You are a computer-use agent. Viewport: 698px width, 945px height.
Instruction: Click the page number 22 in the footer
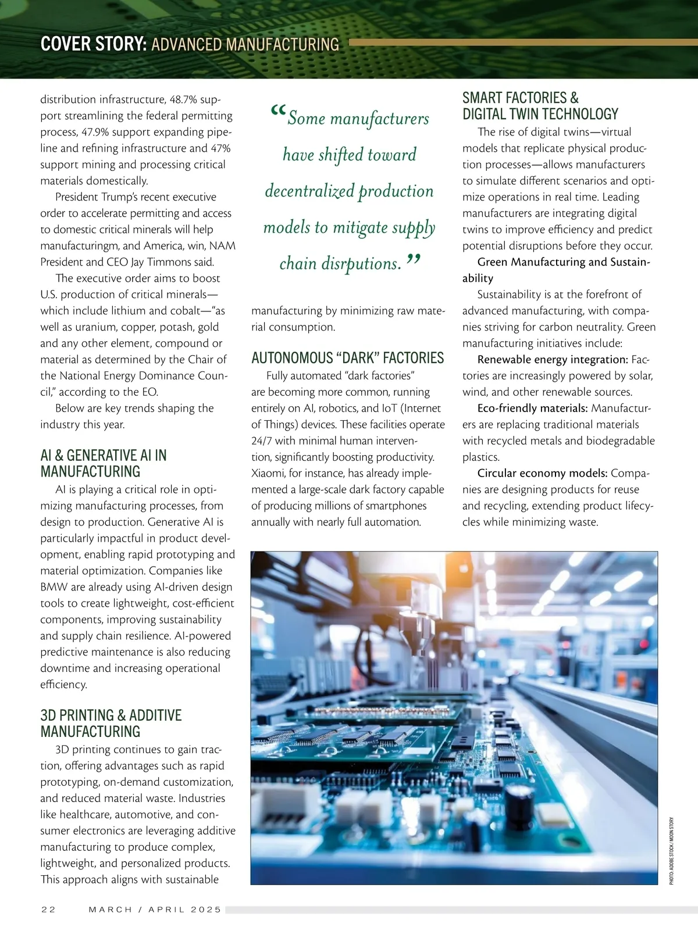tap(48, 910)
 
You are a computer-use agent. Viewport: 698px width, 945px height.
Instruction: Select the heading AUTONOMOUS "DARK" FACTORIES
tap(347, 358)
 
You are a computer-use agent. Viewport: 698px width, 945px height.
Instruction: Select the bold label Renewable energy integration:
tap(553, 360)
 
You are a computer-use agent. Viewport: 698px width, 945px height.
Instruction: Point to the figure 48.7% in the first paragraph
tap(185, 99)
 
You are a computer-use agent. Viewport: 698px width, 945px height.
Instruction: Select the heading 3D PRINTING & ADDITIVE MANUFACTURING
tap(111, 723)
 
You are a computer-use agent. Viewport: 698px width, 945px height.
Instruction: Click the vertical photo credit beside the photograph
tap(671, 851)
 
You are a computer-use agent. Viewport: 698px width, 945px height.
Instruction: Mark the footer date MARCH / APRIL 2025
tap(155, 910)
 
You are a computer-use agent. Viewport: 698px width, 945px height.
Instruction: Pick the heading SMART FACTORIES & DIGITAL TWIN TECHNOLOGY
tap(540, 106)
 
